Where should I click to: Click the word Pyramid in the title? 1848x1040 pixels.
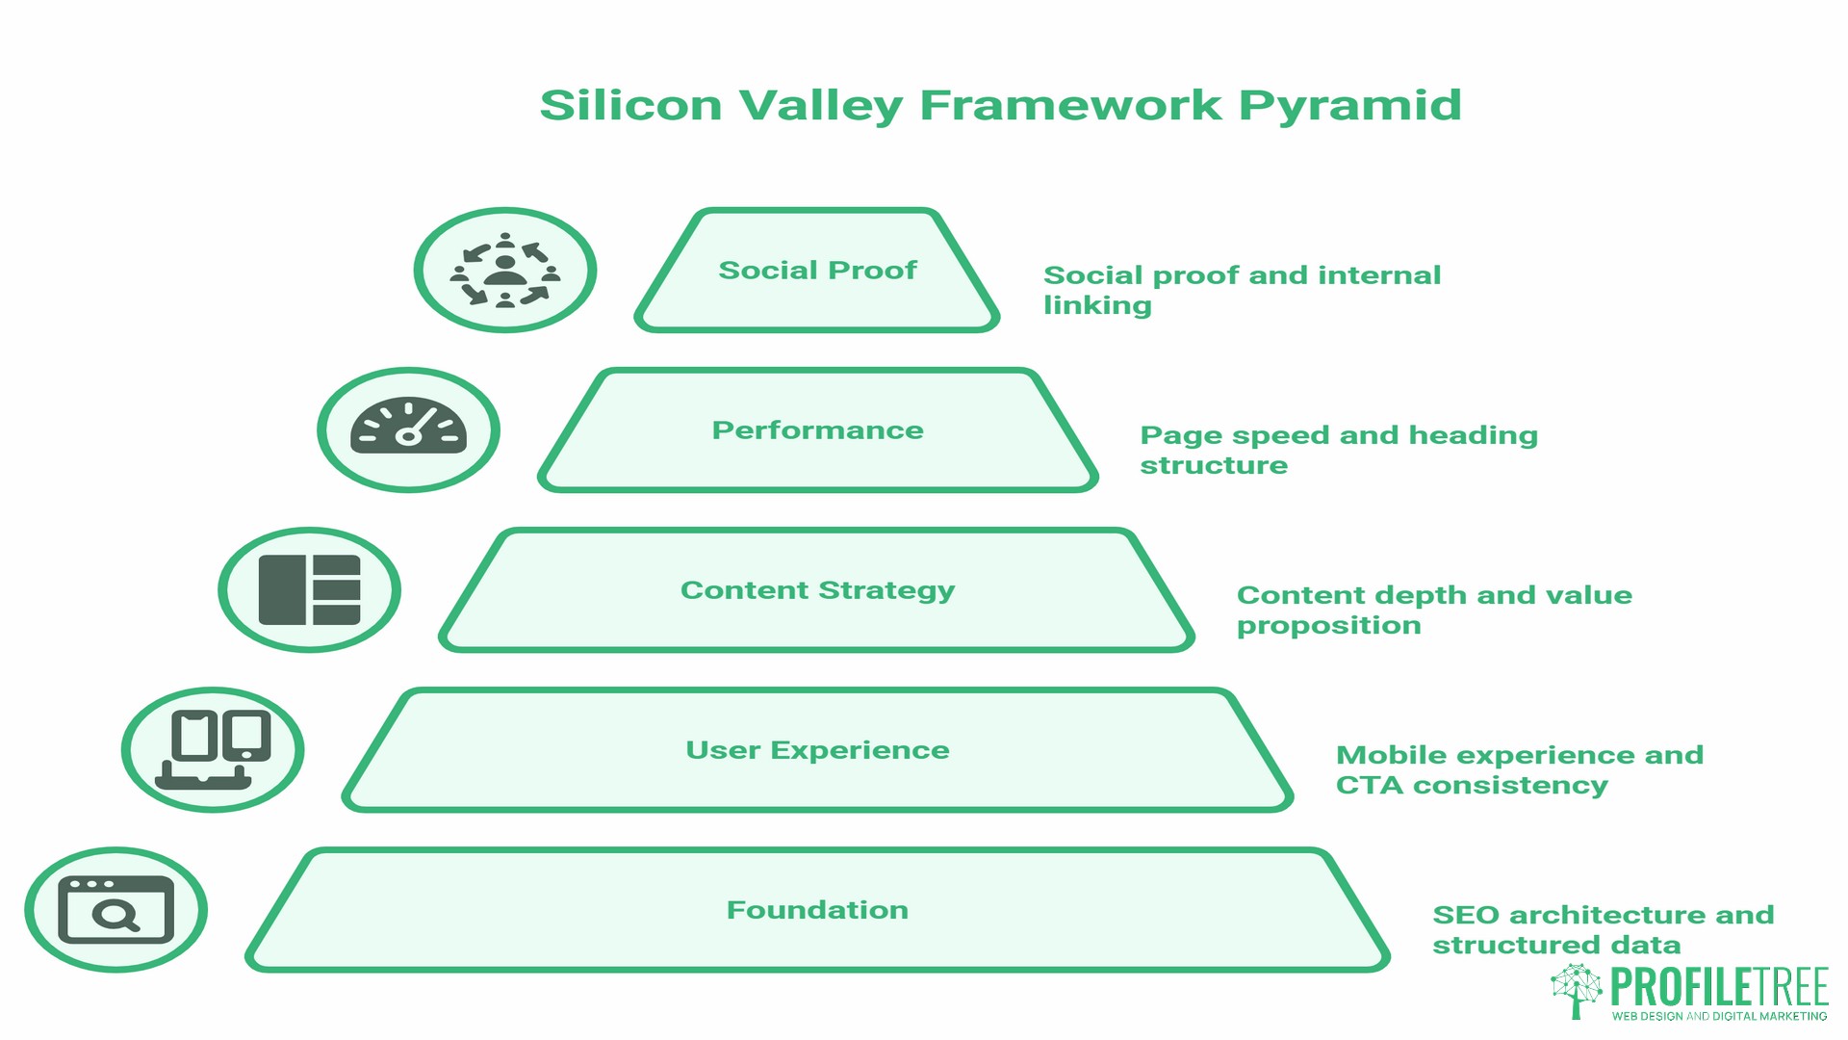[x=1349, y=106]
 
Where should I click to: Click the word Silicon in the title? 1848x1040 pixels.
[x=630, y=104]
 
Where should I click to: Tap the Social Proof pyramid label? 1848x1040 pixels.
[x=817, y=271]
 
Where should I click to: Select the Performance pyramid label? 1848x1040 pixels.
[x=817, y=430]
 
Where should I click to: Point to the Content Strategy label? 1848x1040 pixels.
[x=817, y=590]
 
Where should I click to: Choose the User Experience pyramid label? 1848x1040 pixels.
[x=817, y=750]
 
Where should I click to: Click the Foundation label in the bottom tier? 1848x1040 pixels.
[x=817, y=910]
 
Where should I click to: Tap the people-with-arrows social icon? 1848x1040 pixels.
[x=505, y=271]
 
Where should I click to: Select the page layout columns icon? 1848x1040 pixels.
[x=310, y=590]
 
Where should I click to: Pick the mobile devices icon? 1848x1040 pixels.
[x=213, y=750]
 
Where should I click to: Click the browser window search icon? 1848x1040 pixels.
[x=116, y=910]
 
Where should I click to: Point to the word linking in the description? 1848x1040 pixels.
[x=1097, y=306]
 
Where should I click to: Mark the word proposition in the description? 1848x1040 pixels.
[x=1328, y=626]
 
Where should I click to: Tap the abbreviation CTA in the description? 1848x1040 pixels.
[x=1369, y=786]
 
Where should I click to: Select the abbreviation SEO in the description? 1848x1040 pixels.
[x=1465, y=915]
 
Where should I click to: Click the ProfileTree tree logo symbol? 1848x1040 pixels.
[x=1577, y=990]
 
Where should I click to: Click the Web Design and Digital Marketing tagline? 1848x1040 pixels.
[x=1719, y=1016]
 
